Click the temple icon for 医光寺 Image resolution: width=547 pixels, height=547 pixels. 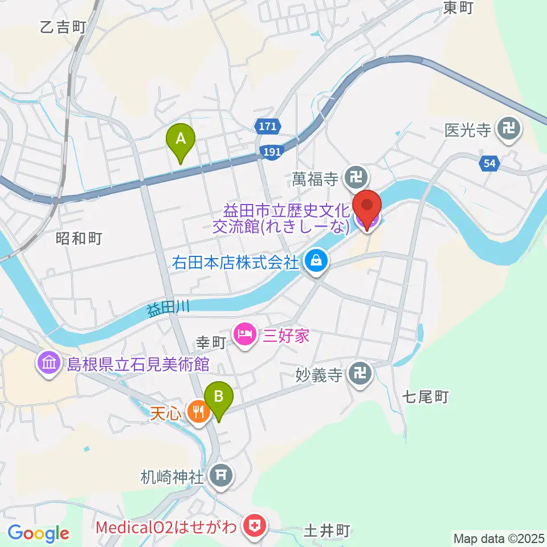pos(507,130)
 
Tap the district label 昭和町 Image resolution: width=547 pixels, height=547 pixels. pos(79,238)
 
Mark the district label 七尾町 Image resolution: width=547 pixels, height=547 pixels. pos(426,397)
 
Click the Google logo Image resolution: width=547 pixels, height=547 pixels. pos(38,534)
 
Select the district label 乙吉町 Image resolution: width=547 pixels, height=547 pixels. pos(63,27)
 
